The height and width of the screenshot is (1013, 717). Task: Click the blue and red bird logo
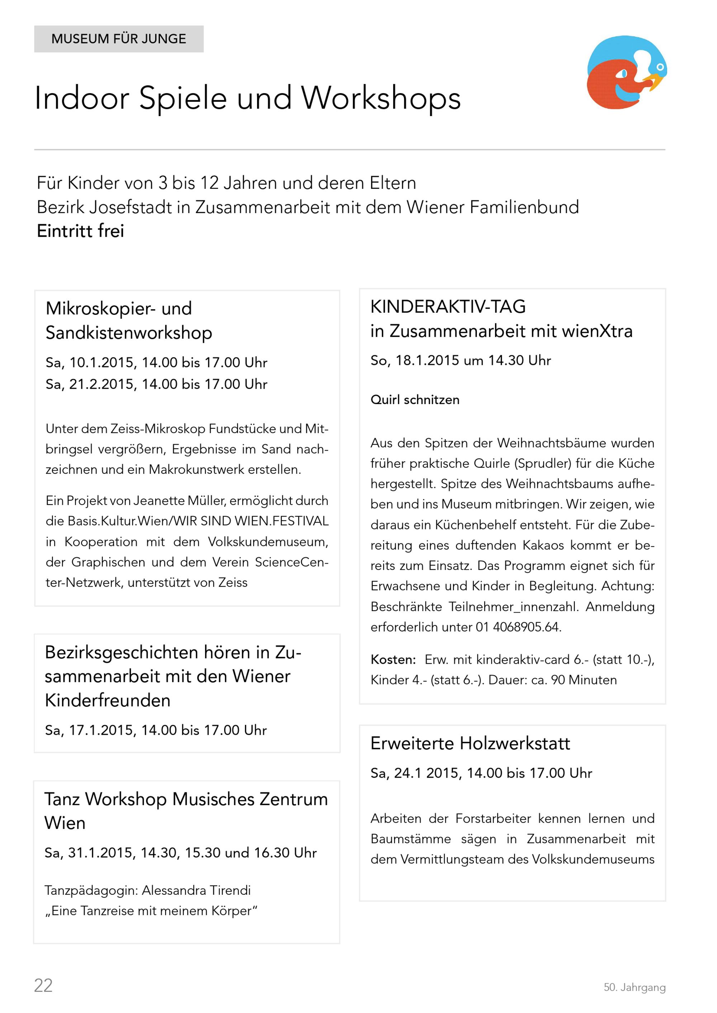(x=626, y=72)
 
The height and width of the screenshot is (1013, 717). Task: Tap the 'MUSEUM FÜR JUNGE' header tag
(x=119, y=39)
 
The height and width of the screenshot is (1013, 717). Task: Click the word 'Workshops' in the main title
(x=381, y=98)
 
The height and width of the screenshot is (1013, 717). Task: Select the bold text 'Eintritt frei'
(x=80, y=231)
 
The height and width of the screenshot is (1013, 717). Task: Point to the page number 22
(x=43, y=985)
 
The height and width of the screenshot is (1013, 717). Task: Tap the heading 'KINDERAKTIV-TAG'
(x=448, y=307)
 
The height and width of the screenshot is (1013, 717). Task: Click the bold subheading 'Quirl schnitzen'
(x=414, y=400)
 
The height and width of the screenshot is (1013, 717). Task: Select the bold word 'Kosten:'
(x=393, y=659)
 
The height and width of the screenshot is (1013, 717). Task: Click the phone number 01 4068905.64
(x=518, y=627)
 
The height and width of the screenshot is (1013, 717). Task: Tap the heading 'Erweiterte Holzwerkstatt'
(x=470, y=743)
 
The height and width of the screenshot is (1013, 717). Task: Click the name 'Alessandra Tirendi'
(x=196, y=890)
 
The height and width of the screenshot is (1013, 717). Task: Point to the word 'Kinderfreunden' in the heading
(x=107, y=700)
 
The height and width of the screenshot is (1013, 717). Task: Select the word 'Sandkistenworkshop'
(x=128, y=333)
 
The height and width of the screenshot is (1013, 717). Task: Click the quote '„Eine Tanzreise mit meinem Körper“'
(x=151, y=911)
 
